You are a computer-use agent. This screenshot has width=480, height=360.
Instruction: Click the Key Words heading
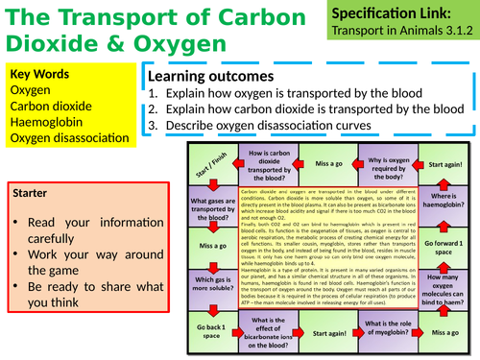click(x=36, y=74)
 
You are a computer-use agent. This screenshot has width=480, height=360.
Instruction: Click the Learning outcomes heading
click(x=219, y=77)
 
